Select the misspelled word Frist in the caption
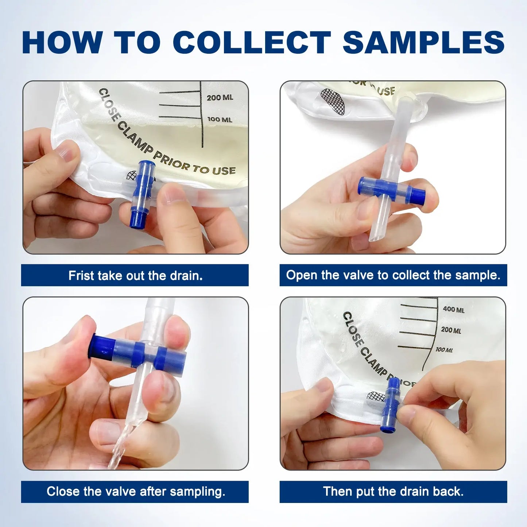pyautogui.click(x=81, y=276)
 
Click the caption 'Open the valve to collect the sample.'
pyautogui.click(x=393, y=275)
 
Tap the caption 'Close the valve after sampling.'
pyautogui.click(x=136, y=491)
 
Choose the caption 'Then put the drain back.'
pyautogui.click(x=393, y=491)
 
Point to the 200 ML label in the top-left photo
pyautogui.click(x=220, y=98)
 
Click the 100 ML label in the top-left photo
pyautogui.click(x=220, y=120)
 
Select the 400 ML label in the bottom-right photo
pyautogui.click(x=454, y=310)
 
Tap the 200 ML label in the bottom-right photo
pyautogui.click(x=451, y=330)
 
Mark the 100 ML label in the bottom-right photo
pyautogui.click(x=444, y=350)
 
